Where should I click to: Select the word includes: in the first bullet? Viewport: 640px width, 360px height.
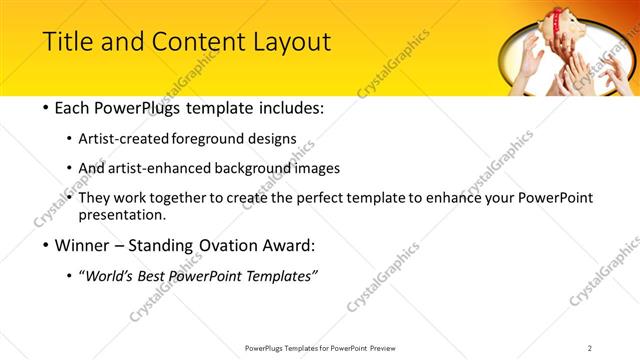(x=291, y=107)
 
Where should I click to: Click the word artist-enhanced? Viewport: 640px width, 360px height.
(x=170, y=168)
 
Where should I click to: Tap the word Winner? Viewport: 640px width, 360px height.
(x=82, y=245)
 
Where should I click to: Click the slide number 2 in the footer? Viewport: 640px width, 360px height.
(x=590, y=348)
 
